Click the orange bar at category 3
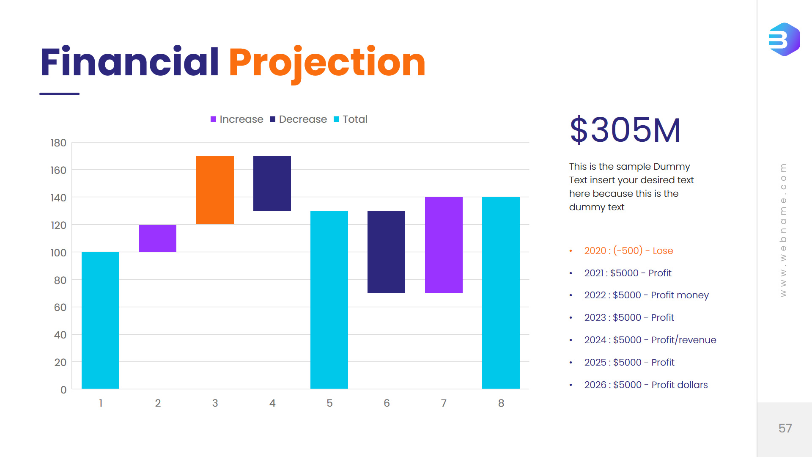[x=215, y=190]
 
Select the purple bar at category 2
[x=157, y=238]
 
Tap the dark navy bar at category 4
[x=272, y=183]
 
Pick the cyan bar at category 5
[x=329, y=300]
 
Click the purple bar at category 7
[x=444, y=245]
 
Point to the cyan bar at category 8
[x=501, y=293]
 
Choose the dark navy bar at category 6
[x=386, y=252]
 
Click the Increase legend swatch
[x=214, y=119]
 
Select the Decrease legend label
[x=303, y=119]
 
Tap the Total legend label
[x=355, y=119]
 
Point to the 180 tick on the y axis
[x=58, y=143]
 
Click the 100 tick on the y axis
[x=58, y=253]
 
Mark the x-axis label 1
[x=101, y=403]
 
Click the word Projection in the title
[x=327, y=63]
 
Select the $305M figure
[x=625, y=130]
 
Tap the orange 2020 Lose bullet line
[x=628, y=251]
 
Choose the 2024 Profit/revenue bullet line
[x=650, y=340]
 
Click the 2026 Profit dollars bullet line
[x=646, y=385]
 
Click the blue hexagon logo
[x=784, y=39]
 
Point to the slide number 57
[x=785, y=428]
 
